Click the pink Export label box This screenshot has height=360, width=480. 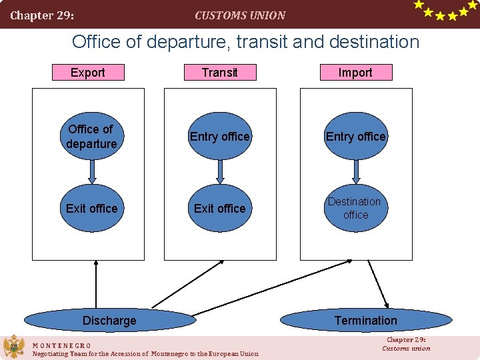(x=88, y=72)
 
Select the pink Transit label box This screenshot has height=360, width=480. (x=220, y=72)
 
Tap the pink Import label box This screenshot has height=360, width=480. (x=355, y=72)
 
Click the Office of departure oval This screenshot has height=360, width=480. (x=92, y=137)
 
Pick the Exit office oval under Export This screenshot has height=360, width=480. (x=92, y=209)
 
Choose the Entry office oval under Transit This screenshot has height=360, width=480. (x=220, y=137)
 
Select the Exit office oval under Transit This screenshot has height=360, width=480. (x=220, y=209)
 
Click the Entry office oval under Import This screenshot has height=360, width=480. (x=355, y=137)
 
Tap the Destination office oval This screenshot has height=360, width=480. (x=355, y=209)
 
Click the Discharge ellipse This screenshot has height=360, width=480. (x=109, y=321)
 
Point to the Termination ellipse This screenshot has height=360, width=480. (x=365, y=321)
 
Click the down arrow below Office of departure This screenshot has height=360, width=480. (x=93, y=171)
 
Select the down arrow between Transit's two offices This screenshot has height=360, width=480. (x=221, y=171)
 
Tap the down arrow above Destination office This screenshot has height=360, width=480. (x=356, y=171)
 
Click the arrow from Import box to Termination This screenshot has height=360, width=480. (x=378, y=283)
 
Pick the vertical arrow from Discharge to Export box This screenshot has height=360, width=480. (x=97, y=285)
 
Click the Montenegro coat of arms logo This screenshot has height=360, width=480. (x=13, y=347)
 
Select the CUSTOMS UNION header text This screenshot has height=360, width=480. (x=240, y=15)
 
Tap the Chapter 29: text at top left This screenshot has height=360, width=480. (x=42, y=15)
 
